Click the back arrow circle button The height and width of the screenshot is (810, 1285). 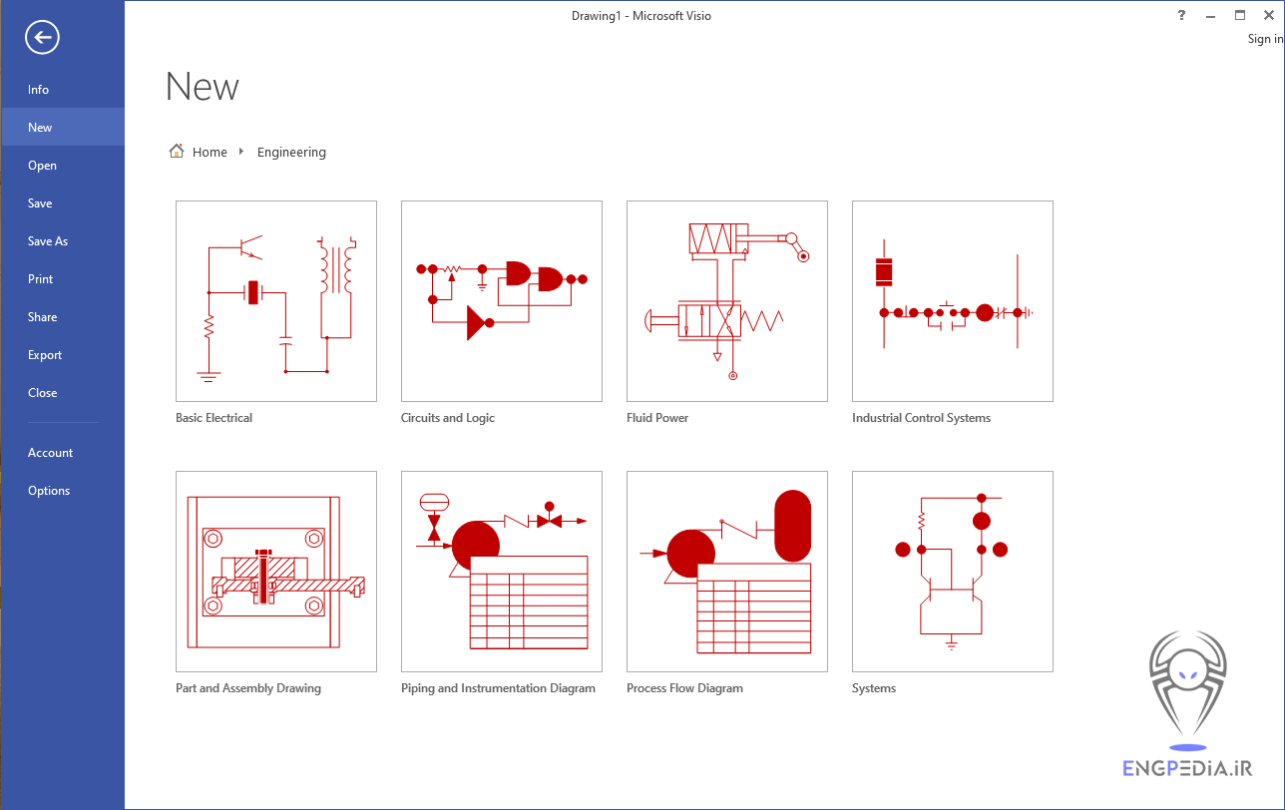tap(43, 38)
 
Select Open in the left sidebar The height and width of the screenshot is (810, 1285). tap(42, 166)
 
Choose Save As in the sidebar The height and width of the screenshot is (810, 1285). tap(48, 241)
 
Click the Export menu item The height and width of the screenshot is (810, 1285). tap(45, 355)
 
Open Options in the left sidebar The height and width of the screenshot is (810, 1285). tap(49, 491)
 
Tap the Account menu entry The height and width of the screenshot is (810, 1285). tap(50, 453)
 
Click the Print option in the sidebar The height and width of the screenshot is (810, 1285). tap(41, 279)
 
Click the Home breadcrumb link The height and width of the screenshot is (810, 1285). tap(210, 153)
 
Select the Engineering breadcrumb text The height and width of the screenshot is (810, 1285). tap(291, 153)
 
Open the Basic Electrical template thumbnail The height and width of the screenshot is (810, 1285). tap(276, 301)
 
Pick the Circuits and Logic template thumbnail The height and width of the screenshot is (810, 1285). tap(502, 301)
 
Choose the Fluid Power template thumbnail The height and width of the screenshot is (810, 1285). tap(727, 301)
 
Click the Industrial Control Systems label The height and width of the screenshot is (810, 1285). tap(921, 418)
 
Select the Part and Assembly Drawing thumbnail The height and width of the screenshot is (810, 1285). tap(276, 572)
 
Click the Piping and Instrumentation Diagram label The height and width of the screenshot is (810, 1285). tap(498, 688)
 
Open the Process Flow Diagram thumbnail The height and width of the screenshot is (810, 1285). tap(727, 572)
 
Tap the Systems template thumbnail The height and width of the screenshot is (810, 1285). tap(953, 572)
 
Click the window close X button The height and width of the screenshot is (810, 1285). tap(1269, 15)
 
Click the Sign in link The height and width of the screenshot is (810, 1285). tap(1265, 39)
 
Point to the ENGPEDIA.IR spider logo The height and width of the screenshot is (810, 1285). tap(1187, 688)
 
